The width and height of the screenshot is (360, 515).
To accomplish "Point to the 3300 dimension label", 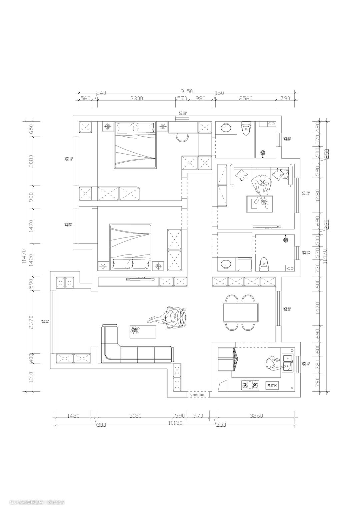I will (x=136, y=98).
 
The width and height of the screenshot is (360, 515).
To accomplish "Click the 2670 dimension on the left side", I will (x=31, y=322).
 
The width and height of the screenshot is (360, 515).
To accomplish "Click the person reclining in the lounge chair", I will (x=172, y=318).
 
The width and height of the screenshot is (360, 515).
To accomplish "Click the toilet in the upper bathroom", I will (x=246, y=129).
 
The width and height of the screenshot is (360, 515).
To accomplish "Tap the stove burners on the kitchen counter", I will (x=250, y=385).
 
